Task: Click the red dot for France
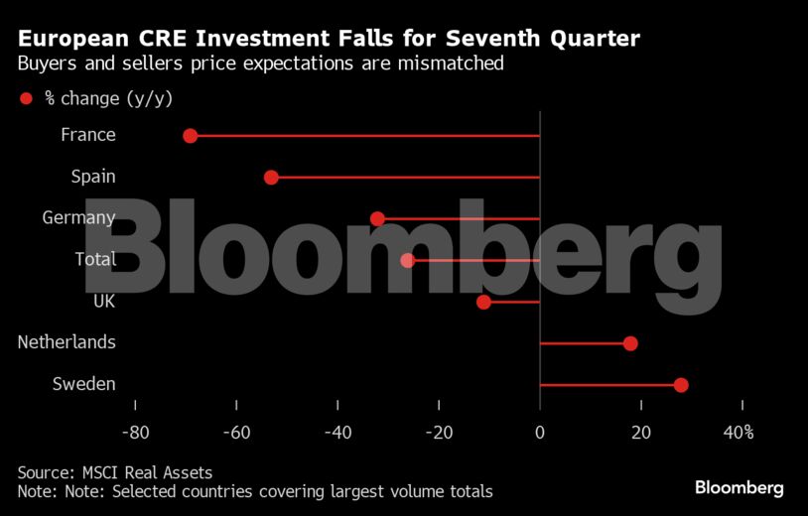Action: click(191, 136)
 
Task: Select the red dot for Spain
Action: click(271, 178)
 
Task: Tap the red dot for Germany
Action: click(377, 218)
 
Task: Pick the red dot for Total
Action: click(407, 260)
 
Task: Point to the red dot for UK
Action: click(483, 302)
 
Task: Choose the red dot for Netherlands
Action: click(630, 343)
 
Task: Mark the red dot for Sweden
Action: click(681, 385)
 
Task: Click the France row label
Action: click(87, 135)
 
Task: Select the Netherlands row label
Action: click(67, 342)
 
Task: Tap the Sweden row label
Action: click(83, 384)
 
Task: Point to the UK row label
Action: click(103, 301)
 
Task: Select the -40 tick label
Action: click(337, 433)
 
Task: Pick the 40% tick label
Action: click(740, 433)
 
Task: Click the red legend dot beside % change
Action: click(27, 98)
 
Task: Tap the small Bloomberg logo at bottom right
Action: click(739, 487)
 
